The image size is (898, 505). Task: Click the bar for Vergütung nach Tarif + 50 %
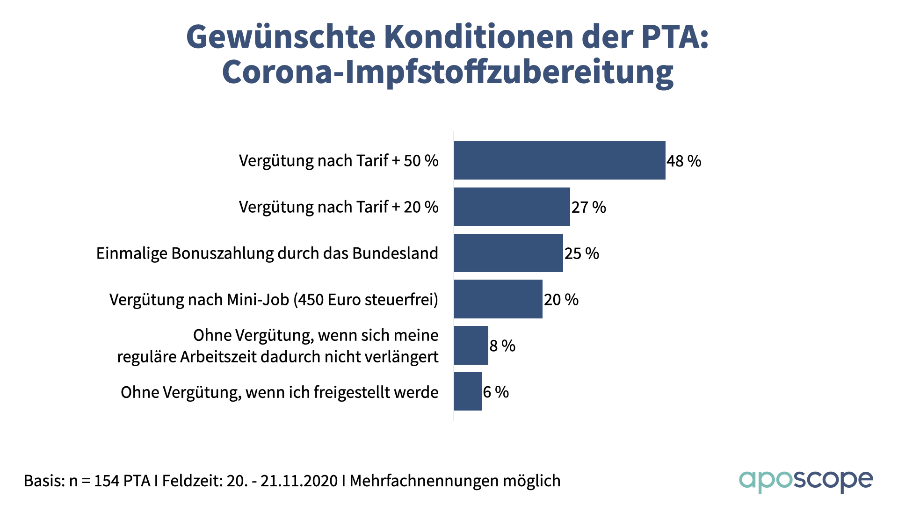pos(559,160)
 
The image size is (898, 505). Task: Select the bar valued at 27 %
pos(512,207)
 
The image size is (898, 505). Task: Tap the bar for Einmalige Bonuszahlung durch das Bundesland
pos(508,253)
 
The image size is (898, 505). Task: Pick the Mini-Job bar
pos(498,299)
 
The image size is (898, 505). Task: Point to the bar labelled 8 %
pos(471,346)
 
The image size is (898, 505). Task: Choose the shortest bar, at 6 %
pos(468,392)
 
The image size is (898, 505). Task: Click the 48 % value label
pos(684,161)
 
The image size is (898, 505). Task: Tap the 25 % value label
pos(581,253)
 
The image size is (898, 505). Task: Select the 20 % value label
pos(561,300)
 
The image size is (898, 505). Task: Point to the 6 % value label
pos(496,392)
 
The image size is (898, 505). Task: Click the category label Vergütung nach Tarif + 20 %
pos(339,207)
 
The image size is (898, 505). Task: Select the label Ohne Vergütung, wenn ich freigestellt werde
pos(279,392)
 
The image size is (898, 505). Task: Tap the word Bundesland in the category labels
pos(395,253)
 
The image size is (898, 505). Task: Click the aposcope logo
pos(805,481)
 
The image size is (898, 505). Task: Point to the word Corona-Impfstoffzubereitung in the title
pos(448,72)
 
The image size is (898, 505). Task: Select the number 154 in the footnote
pos(106,481)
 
